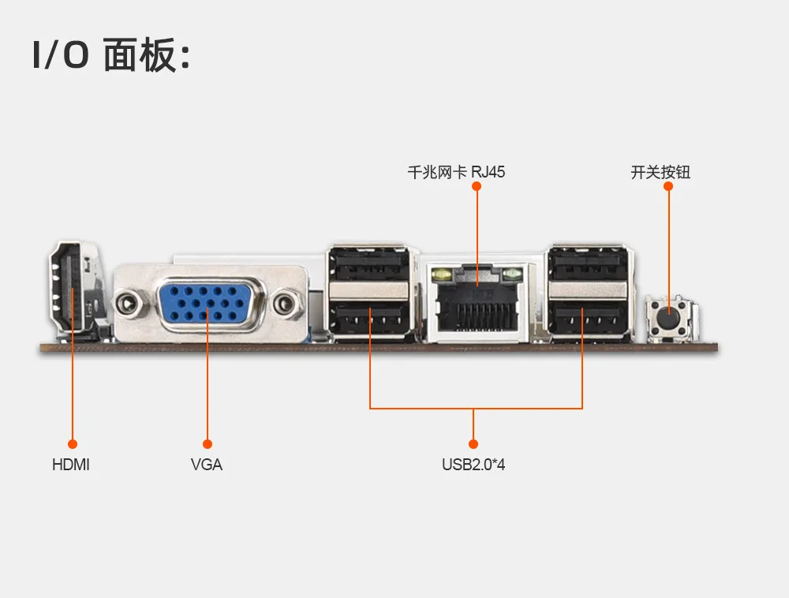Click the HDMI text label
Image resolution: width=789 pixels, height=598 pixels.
(x=71, y=465)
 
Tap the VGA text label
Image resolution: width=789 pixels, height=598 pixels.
(x=207, y=465)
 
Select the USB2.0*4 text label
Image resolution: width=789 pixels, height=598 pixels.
(x=473, y=465)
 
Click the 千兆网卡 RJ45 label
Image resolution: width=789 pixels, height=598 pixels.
(x=456, y=171)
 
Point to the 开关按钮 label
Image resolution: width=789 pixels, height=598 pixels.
(x=660, y=171)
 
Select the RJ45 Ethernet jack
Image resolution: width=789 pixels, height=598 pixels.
(x=477, y=304)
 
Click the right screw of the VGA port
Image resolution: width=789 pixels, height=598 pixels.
(x=288, y=301)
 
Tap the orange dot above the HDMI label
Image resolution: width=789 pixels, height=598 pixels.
(x=73, y=444)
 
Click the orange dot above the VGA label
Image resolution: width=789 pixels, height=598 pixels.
(x=208, y=444)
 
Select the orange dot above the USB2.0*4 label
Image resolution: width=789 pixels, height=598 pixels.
(x=473, y=444)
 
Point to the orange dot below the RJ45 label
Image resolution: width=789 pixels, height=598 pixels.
(x=477, y=186)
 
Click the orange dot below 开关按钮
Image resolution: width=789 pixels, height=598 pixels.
(x=668, y=186)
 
